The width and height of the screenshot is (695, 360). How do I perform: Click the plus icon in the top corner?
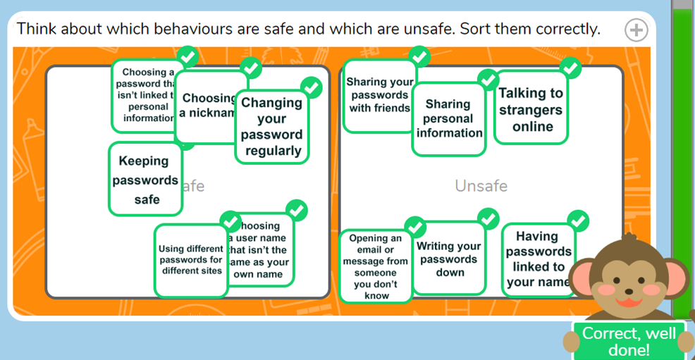click(x=636, y=30)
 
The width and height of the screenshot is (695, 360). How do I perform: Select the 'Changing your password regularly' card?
click(x=271, y=127)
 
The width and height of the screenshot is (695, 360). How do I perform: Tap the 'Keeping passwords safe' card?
click(x=146, y=180)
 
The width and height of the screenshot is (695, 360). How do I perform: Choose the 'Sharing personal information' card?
click(x=449, y=118)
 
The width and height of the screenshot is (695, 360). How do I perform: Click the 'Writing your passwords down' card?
click(x=449, y=259)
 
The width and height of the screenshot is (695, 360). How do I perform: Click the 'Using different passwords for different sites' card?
click(x=190, y=260)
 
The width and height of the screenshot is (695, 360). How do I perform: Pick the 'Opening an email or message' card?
click(x=375, y=266)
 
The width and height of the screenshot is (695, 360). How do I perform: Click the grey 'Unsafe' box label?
click(x=481, y=186)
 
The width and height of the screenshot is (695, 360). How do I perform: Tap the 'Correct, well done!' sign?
click(x=629, y=341)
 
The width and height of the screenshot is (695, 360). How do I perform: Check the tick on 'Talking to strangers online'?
click(x=572, y=68)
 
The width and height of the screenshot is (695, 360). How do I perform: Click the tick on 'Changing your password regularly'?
click(x=311, y=88)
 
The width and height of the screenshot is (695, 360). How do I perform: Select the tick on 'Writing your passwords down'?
click(x=488, y=218)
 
